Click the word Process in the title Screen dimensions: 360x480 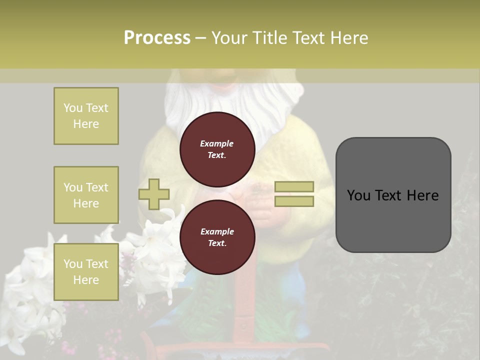coord(157,38)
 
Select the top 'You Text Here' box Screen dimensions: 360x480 coord(86,116)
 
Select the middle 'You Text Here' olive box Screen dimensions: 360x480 coord(86,195)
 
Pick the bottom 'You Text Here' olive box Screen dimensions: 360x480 coord(86,271)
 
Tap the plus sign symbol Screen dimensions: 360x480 coord(154,194)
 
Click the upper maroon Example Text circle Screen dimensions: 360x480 coord(217,149)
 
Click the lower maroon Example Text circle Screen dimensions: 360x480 coord(217,237)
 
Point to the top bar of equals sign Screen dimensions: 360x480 coord(294,186)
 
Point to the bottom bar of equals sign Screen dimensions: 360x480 coord(294,201)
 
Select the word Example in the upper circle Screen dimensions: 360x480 coord(217,143)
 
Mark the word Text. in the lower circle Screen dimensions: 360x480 coord(217,243)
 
